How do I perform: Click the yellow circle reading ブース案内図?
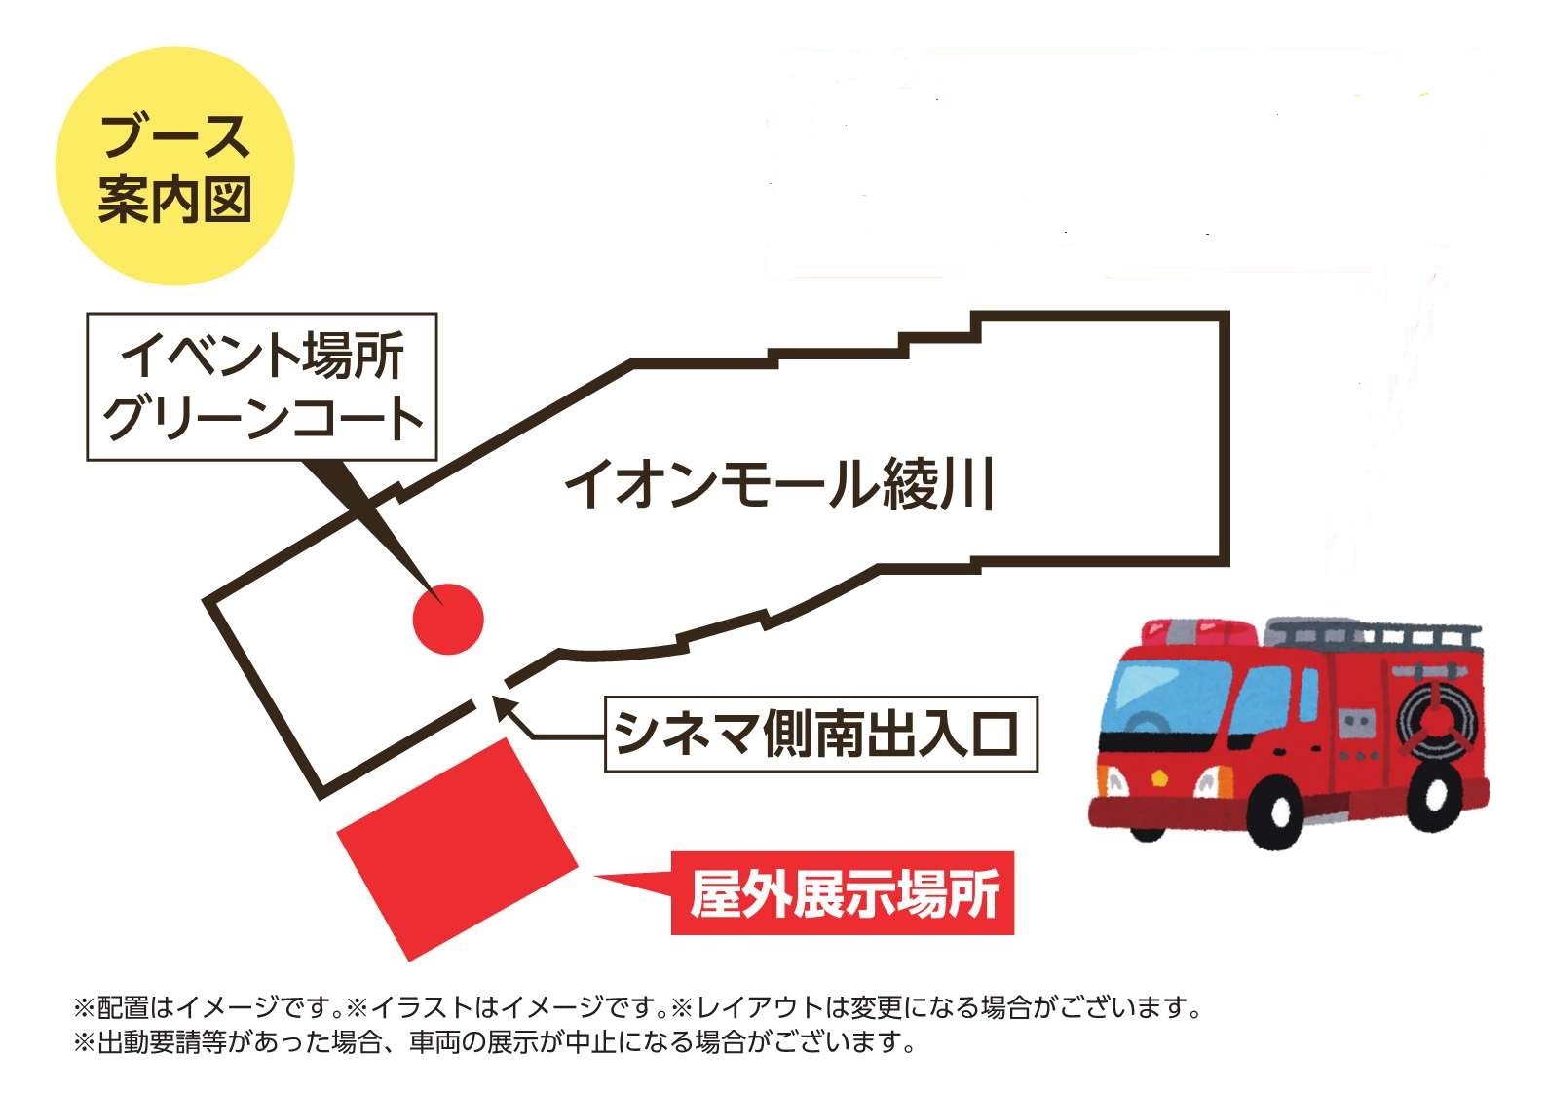pos(174,166)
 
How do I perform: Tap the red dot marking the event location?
pos(448,619)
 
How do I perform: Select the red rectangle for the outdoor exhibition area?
pos(457,849)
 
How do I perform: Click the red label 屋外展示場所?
pos(843,893)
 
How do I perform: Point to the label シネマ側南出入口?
pos(821,735)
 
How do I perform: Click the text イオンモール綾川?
pos(779,483)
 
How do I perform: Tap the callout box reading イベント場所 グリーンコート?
pos(262,387)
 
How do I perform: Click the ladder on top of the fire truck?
pos(1375,633)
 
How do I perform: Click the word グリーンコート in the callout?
pos(263,419)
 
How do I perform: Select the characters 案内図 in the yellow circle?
pos(174,199)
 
